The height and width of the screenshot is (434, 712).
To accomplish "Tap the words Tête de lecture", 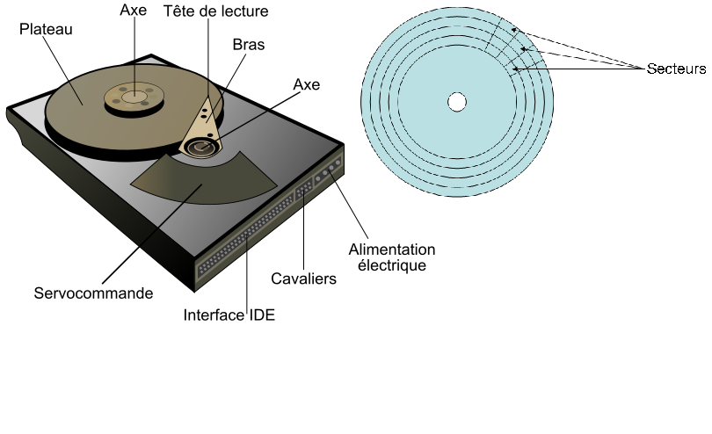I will (215, 11).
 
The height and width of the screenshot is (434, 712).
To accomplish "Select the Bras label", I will (249, 44).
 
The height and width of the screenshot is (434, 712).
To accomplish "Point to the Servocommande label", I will (93, 293).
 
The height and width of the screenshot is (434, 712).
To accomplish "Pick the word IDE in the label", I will (259, 315).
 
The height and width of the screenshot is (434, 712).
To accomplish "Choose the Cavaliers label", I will (304, 279).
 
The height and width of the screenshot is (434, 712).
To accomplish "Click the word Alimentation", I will (392, 250).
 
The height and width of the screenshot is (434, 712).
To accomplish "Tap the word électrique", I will (392, 264).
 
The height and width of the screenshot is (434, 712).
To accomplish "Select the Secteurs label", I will (676, 68).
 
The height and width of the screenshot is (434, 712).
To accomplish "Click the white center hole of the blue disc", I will (456, 102).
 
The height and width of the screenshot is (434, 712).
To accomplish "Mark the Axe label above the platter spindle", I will (134, 11).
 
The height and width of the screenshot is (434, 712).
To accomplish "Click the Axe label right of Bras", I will (306, 85).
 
